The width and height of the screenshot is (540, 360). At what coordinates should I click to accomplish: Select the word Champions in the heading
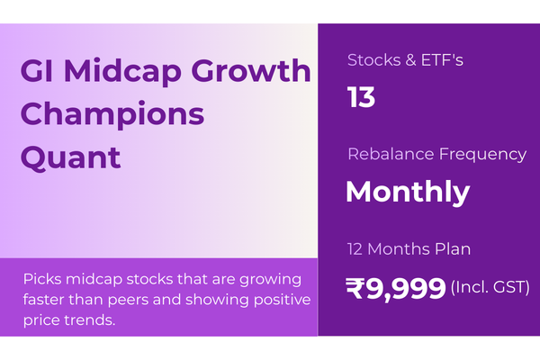[x=112, y=115]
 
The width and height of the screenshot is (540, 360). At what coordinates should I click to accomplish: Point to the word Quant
[x=69, y=157]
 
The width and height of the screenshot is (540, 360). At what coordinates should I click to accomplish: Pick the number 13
[x=361, y=97]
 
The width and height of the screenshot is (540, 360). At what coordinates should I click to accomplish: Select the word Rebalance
[x=388, y=154]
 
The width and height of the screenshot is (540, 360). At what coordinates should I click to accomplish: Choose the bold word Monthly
[x=407, y=192]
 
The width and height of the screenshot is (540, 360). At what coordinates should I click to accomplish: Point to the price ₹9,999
[x=396, y=288]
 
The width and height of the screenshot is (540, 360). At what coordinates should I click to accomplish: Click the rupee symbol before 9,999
[x=356, y=288]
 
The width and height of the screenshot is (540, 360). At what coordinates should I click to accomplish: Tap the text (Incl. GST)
[x=490, y=288]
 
